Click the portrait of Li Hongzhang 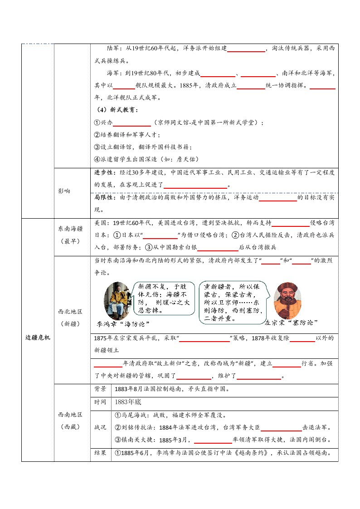click(x=117, y=300)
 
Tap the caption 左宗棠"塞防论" click(x=291, y=322)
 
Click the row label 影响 click(x=64, y=191)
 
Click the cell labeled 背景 click(x=100, y=389)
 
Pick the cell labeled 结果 click(x=100, y=453)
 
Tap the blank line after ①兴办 click(x=131, y=122)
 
